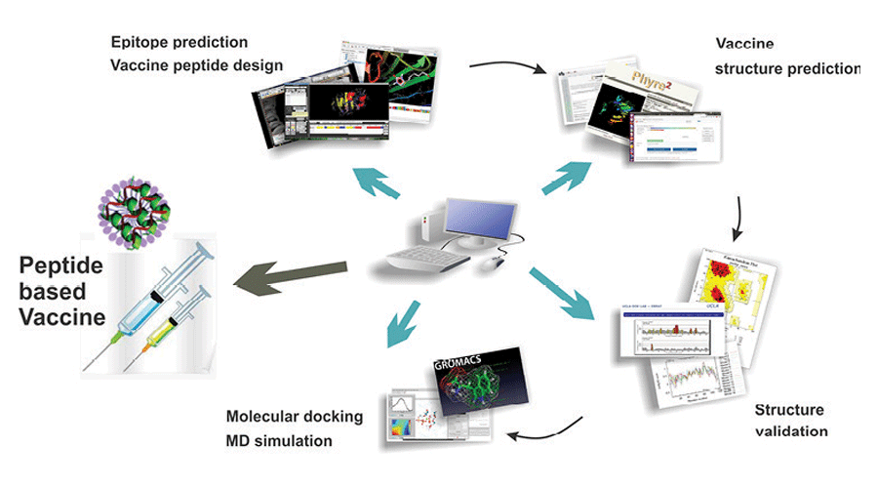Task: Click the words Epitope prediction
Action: coord(179,43)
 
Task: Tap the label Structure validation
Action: coord(789,420)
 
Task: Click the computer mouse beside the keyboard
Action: coord(499,261)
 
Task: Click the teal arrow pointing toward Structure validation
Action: coord(565,297)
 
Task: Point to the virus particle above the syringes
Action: coord(134,214)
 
